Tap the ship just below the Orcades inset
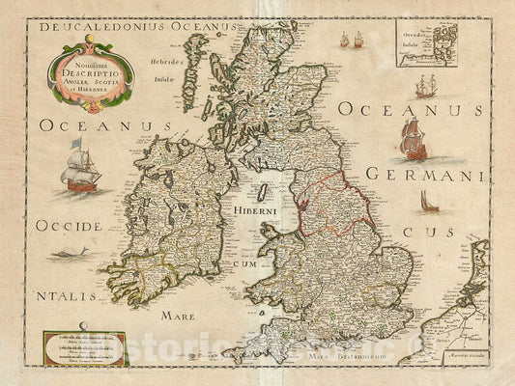pos(425,87)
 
